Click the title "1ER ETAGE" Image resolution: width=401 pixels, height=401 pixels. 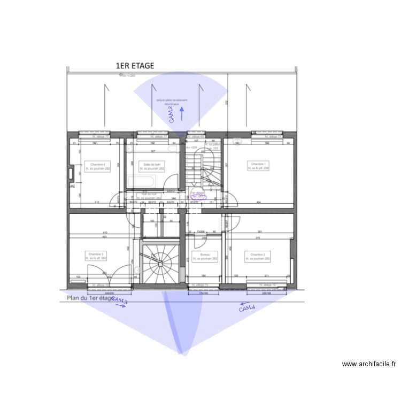[135, 66]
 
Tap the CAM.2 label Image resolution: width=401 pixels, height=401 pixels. [172, 114]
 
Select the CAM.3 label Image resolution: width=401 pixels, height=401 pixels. [120, 302]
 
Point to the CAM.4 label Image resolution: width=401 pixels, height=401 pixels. [247, 307]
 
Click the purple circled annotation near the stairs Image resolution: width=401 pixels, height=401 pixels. [198, 195]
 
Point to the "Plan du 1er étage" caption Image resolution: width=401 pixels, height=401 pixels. [90, 298]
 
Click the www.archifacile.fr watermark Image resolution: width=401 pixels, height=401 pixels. [369, 364]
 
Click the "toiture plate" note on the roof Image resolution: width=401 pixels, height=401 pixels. [172, 101]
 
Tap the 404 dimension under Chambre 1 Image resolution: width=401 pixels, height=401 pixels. [259, 202]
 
